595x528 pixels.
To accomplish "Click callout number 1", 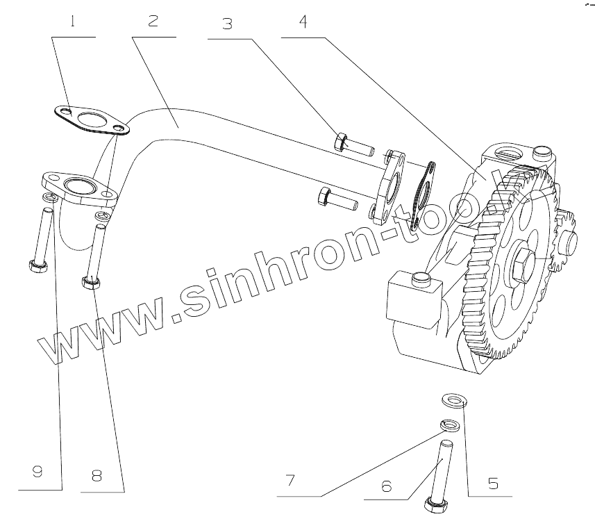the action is click(72, 21).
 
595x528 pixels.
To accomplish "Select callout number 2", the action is click(152, 21).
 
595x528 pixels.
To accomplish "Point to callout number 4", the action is click(302, 21).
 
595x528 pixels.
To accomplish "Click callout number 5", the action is click(494, 482).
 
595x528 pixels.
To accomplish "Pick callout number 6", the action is click(387, 485).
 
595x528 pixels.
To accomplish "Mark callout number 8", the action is click(97, 475).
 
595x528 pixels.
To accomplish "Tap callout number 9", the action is click(37, 472).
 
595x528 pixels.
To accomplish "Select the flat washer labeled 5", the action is click(454, 400).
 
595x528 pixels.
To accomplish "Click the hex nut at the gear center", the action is click(523, 266).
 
